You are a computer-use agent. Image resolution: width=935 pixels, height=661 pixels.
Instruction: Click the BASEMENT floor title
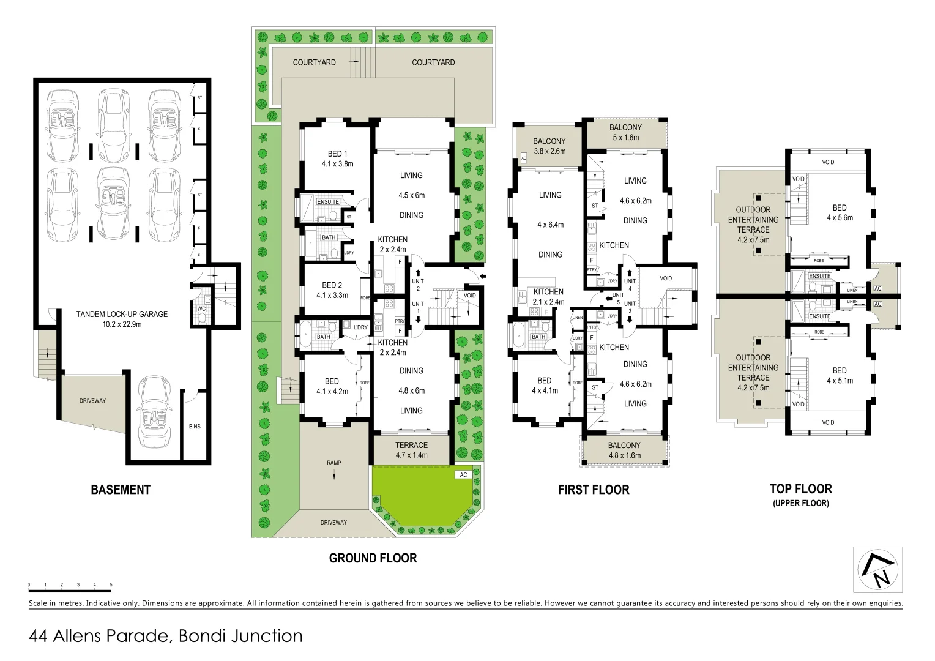(121, 490)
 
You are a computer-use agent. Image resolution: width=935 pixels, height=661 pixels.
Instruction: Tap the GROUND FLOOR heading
(373, 558)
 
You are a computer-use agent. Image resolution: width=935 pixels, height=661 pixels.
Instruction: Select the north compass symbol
(877, 570)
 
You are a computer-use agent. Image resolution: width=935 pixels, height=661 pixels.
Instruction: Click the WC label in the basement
(201, 309)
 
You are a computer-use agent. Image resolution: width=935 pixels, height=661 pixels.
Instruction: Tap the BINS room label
(195, 427)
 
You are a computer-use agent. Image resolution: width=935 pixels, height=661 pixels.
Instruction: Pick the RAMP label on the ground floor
(333, 463)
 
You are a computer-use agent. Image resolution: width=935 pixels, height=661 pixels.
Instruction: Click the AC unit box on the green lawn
(463, 475)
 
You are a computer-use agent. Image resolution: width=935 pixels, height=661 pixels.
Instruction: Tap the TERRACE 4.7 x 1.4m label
(411, 450)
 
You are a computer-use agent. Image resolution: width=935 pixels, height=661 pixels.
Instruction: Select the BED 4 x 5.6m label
(840, 212)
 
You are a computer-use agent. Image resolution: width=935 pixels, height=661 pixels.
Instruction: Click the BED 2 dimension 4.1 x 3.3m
(332, 295)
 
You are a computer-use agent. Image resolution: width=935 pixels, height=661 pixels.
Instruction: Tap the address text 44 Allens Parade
(165, 636)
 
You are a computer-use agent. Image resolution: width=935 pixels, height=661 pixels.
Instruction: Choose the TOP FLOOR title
(800, 489)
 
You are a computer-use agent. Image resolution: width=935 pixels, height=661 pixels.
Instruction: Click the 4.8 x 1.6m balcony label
(624, 455)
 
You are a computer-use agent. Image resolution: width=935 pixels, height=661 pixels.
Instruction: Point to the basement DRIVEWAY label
(92, 401)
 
